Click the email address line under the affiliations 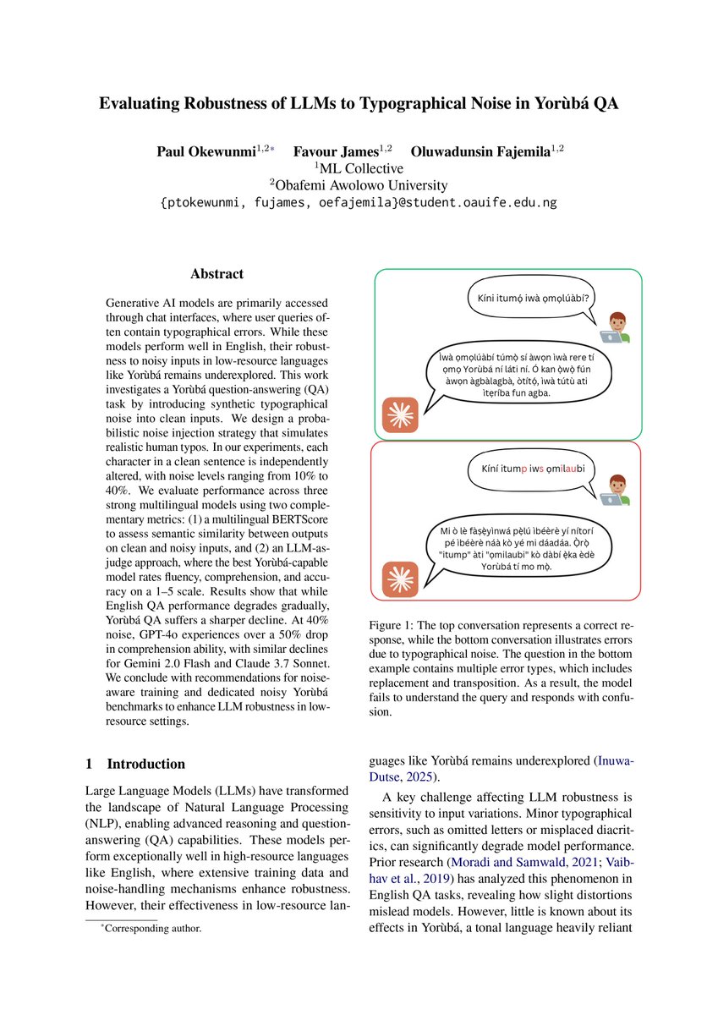click(x=359, y=203)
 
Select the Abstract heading click(x=216, y=274)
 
